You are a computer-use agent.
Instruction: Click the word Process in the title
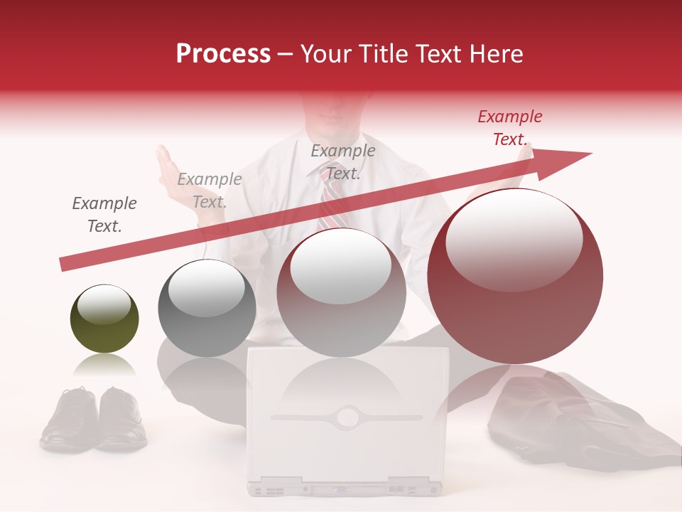click(x=223, y=54)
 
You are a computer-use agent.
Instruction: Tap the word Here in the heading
click(x=494, y=54)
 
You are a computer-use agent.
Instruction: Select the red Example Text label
click(x=509, y=128)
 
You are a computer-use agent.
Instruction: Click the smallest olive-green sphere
click(x=104, y=319)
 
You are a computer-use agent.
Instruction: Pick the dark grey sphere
click(x=207, y=308)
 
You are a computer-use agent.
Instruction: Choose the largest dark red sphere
click(x=515, y=276)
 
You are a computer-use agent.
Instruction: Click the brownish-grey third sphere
click(x=341, y=292)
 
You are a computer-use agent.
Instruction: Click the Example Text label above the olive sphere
click(x=104, y=215)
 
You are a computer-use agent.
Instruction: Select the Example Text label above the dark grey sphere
click(x=210, y=191)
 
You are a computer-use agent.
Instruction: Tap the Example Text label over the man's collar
click(x=343, y=161)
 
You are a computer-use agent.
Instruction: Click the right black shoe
click(x=121, y=420)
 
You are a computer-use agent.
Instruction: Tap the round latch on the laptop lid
click(x=347, y=416)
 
